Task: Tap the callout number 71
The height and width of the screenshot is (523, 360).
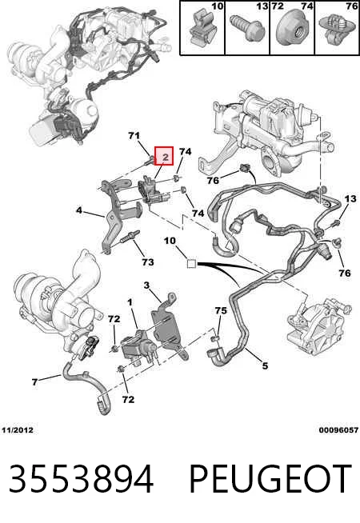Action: pyautogui.click(x=134, y=136)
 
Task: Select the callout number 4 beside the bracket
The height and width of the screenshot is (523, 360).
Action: pyautogui.click(x=79, y=210)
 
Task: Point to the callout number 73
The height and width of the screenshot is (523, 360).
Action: pyautogui.click(x=148, y=262)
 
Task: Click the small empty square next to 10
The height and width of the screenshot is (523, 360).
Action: pyautogui.click(x=191, y=264)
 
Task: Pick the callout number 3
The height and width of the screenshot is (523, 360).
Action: pyautogui.click(x=147, y=285)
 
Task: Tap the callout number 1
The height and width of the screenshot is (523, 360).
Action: pyautogui.click(x=130, y=302)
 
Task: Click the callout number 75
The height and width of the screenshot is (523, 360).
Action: pyautogui.click(x=221, y=310)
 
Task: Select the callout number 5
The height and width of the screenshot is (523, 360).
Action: pyautogui.click(x=265, y=366)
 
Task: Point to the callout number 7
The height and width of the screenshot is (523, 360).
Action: pyautogui.click(x=34, y=382)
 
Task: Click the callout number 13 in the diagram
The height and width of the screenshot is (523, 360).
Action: pyautogui.click(x=350, y=199)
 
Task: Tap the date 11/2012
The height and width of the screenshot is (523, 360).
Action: pyautogui.click(x=18, y=430)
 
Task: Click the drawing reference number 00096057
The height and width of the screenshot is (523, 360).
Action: pyautogui.click(x=338, y=430)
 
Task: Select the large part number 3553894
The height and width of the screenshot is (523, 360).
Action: pyautogui.click(x=81, y=479)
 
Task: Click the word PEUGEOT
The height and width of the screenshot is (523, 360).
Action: pyautogui.click(x=270, y=479)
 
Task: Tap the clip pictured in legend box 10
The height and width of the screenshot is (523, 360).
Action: pyautogui.click(x=201, y=27)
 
